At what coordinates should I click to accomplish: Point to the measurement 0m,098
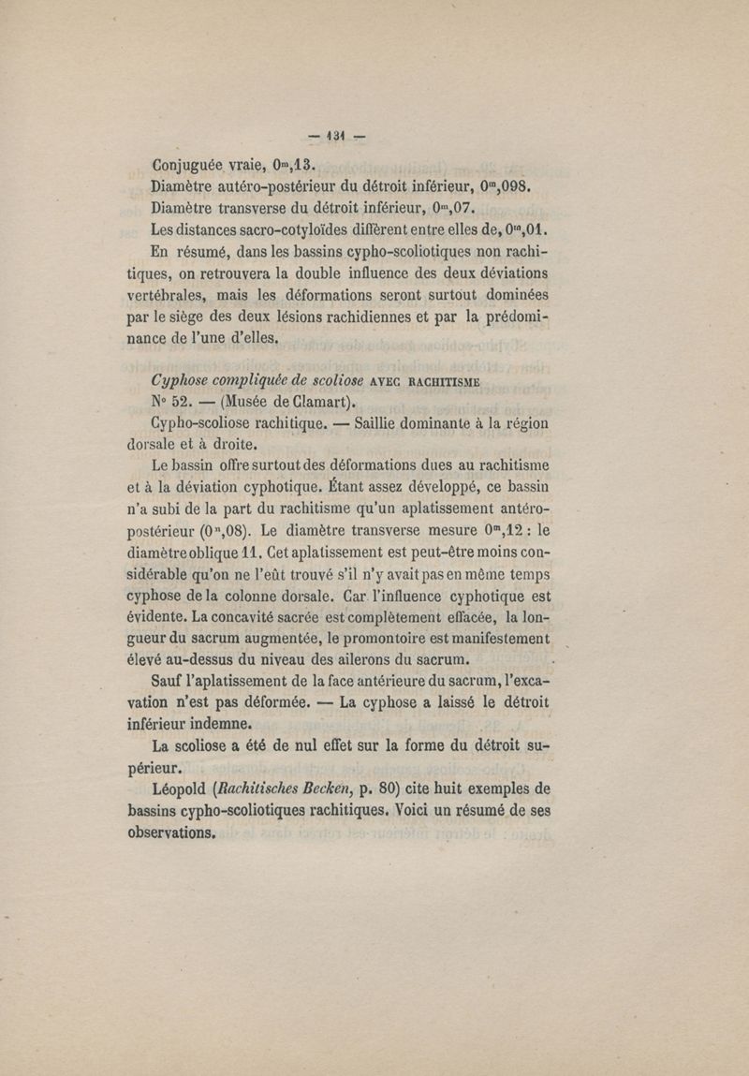pyautogui.click(x=507, y=185)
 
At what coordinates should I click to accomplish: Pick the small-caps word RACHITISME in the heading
pyautogui.click(x=429, y=382)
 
